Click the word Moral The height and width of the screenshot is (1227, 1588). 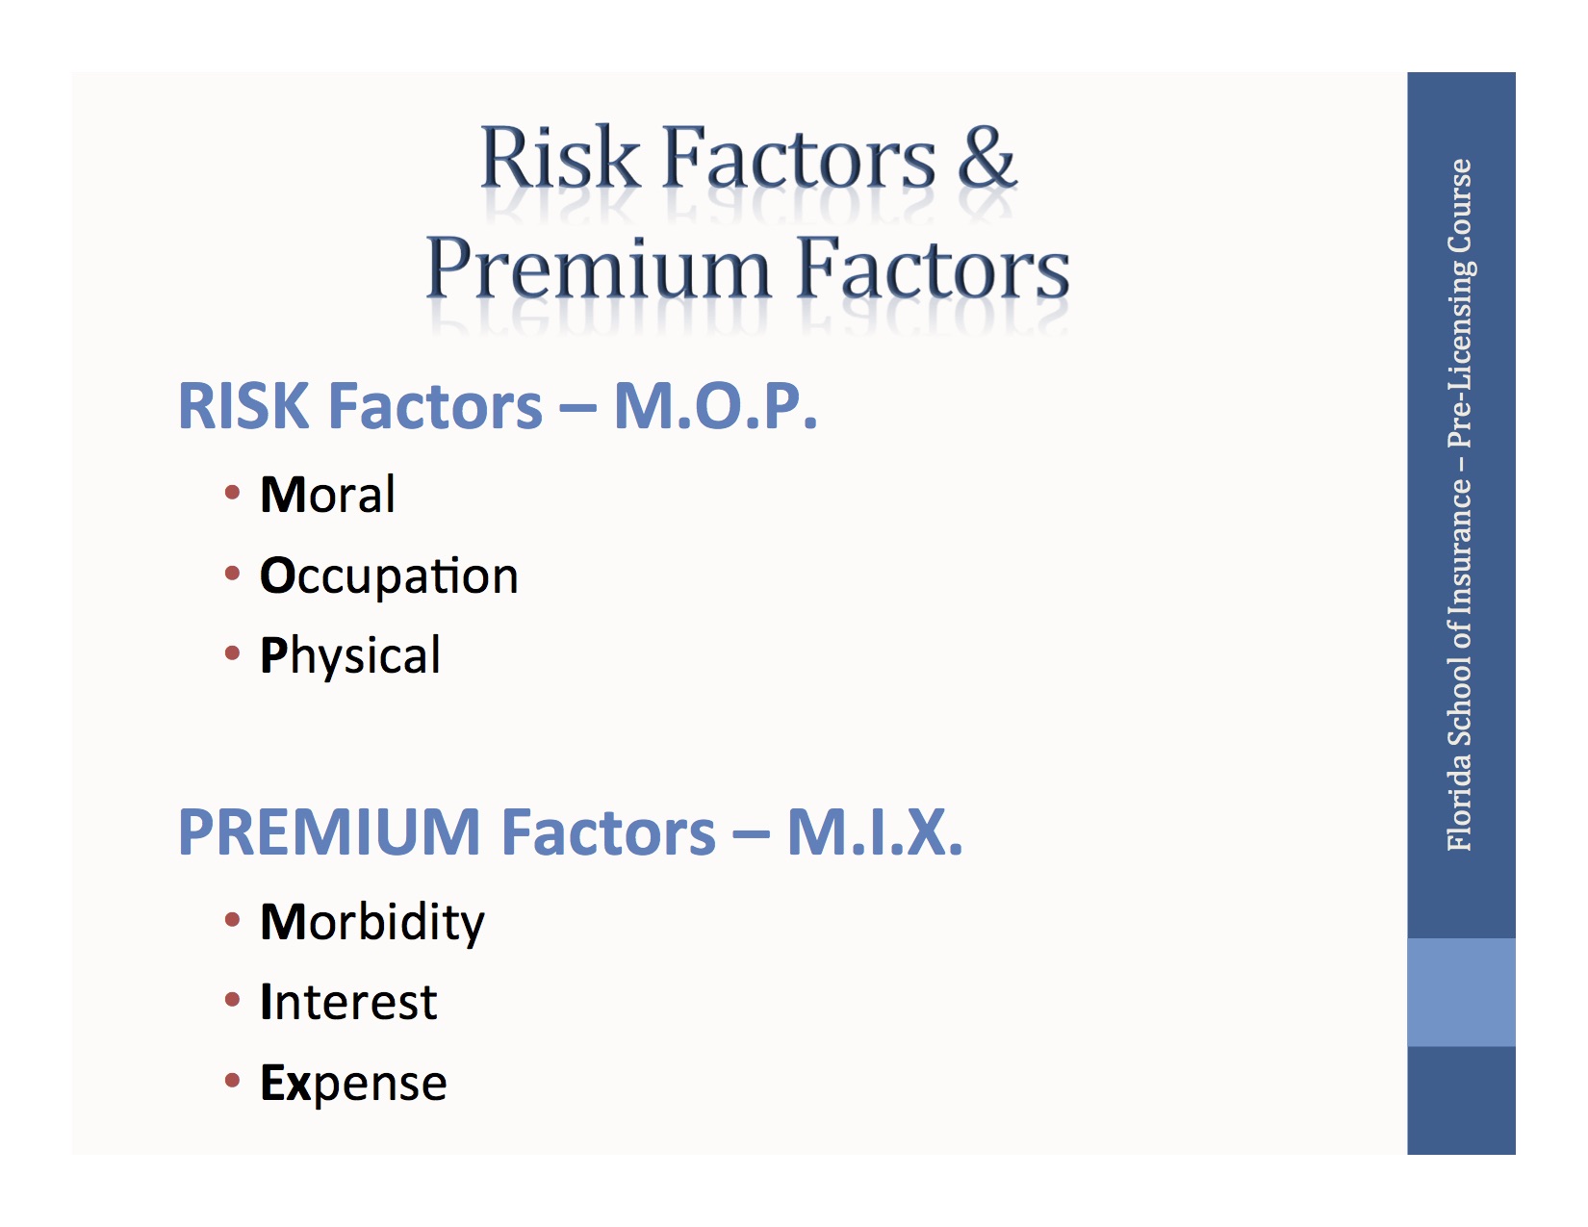(x=327, y=495)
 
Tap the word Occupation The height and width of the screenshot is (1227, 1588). (x=389, y=575)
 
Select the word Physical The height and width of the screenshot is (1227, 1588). (x=350, y=656)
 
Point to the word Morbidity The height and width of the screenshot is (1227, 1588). (x=372, y=922)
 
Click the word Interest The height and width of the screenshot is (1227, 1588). (x=348, y=1002)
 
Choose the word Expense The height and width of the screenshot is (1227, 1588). (x=353, y=1083)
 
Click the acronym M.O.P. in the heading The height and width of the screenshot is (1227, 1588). (x=715, y=406)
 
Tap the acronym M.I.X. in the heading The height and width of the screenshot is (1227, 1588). (x=874, y=832)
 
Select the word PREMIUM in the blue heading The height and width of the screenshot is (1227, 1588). (x=329, y=832)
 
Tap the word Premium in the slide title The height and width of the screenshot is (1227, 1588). (x=599, y=268)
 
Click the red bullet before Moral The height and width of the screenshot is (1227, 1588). (x=232, y=494)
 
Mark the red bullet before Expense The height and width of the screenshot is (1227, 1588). (x=232, y=1081)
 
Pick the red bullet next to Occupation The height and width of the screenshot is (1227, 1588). (x=232, y=575)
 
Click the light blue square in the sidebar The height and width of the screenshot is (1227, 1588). (x=1460, y=991)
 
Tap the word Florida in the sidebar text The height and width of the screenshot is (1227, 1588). (x=1460, y=805)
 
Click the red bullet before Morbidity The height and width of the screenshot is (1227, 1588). (x=232, y=920)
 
